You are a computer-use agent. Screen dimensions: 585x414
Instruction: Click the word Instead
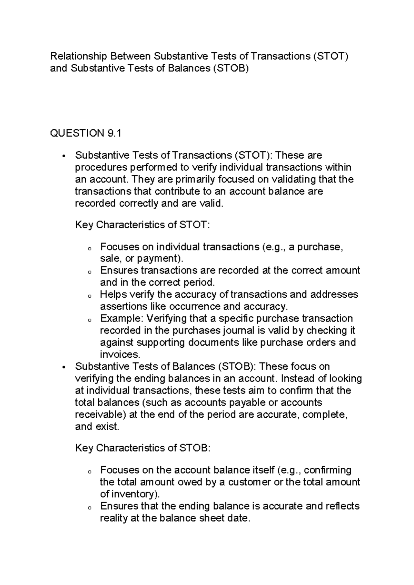point(296,378)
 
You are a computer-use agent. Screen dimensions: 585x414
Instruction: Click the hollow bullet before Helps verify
point(89,296)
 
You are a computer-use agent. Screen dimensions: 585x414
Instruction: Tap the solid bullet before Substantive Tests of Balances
point(64,367)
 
